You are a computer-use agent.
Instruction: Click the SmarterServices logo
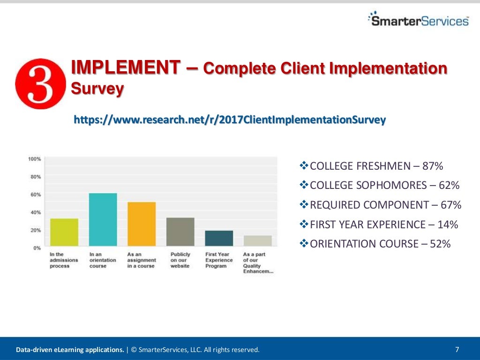click(x=418, y=20)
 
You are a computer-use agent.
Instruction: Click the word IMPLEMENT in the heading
click(x=125, y=68)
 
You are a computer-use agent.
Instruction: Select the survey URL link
click(x=230, y=120)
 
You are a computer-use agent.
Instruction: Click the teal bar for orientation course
click(x=103, y=219)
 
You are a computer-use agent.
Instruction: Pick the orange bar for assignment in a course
click(x=141, y=224)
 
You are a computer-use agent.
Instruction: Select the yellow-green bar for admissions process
click(x=64, y=232)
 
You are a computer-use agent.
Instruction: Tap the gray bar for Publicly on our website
click(x=180, y=232)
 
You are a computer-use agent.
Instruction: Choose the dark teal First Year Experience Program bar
click(x=218, y=238)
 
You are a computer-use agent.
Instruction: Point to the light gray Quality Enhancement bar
click(x=257, y=240)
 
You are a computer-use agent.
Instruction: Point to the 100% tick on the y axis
click(x=35, y=159)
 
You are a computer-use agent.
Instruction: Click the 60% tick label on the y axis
click(x=36, y=195)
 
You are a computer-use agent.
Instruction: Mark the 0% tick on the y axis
click(x=37, y=247)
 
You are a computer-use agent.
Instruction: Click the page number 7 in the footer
click(x=457, y=349)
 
